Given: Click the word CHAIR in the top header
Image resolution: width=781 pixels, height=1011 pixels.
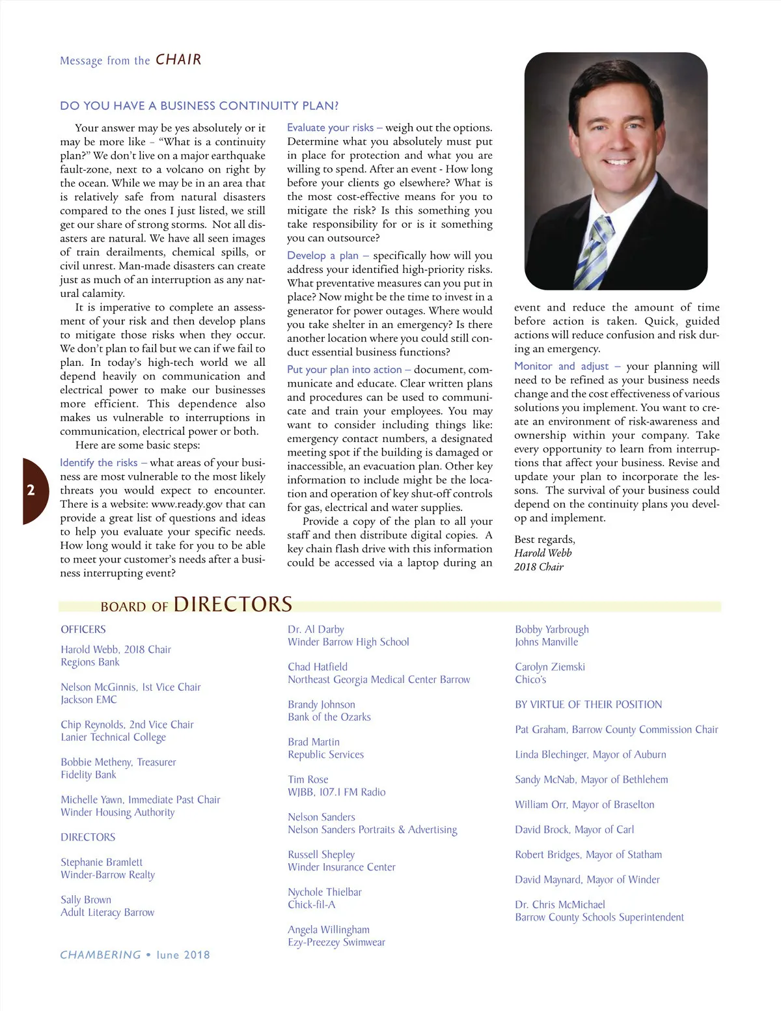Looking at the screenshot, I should (x=178, y=60).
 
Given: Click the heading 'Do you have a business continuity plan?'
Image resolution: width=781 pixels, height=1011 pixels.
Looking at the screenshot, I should (x=199, y=106).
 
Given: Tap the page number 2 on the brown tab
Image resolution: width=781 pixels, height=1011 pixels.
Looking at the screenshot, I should (x=31, y=490).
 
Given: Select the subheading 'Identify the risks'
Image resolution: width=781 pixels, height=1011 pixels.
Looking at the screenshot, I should (x=99, y=463).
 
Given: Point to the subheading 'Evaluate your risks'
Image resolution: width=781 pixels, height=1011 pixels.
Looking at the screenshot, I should (x=331, y=128).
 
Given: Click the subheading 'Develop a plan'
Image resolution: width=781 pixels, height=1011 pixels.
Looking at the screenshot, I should (x=323, y=256).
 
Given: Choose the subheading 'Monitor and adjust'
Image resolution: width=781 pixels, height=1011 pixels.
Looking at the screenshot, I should (x=562, y=367).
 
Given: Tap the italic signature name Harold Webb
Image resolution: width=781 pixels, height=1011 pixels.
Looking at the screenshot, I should (x=543, y=553).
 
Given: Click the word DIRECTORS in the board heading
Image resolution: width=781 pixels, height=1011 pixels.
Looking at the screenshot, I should (x=233, y=604).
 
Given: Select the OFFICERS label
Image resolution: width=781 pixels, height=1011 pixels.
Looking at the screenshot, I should (x=83, y=630).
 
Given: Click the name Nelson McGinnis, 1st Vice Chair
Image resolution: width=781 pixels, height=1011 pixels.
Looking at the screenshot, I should (x=131, y=687).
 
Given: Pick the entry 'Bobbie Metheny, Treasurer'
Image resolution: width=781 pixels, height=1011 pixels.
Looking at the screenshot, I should (x=118, y=762).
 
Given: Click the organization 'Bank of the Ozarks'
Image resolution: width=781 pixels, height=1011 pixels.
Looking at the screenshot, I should (x=329, y=717).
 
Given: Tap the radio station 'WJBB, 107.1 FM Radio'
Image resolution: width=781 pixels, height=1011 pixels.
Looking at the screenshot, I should (x=336, y=792).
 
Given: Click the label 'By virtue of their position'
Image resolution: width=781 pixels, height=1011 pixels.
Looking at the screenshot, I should (x=588, y=704).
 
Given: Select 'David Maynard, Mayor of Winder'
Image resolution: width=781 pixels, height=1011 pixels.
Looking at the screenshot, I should (x=587, y=879).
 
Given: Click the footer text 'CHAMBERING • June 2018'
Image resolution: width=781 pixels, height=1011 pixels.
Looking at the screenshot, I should (x=135, y=955).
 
